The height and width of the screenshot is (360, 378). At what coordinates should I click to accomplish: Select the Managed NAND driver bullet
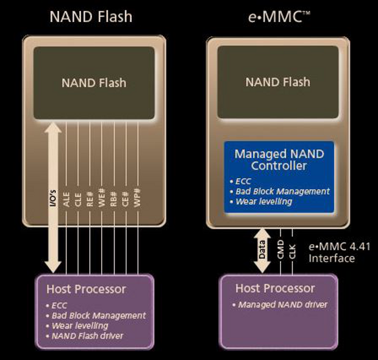282,304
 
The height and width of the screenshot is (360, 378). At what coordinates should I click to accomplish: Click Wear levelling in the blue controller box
264,201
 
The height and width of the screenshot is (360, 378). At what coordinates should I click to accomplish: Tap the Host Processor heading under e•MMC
275,288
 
